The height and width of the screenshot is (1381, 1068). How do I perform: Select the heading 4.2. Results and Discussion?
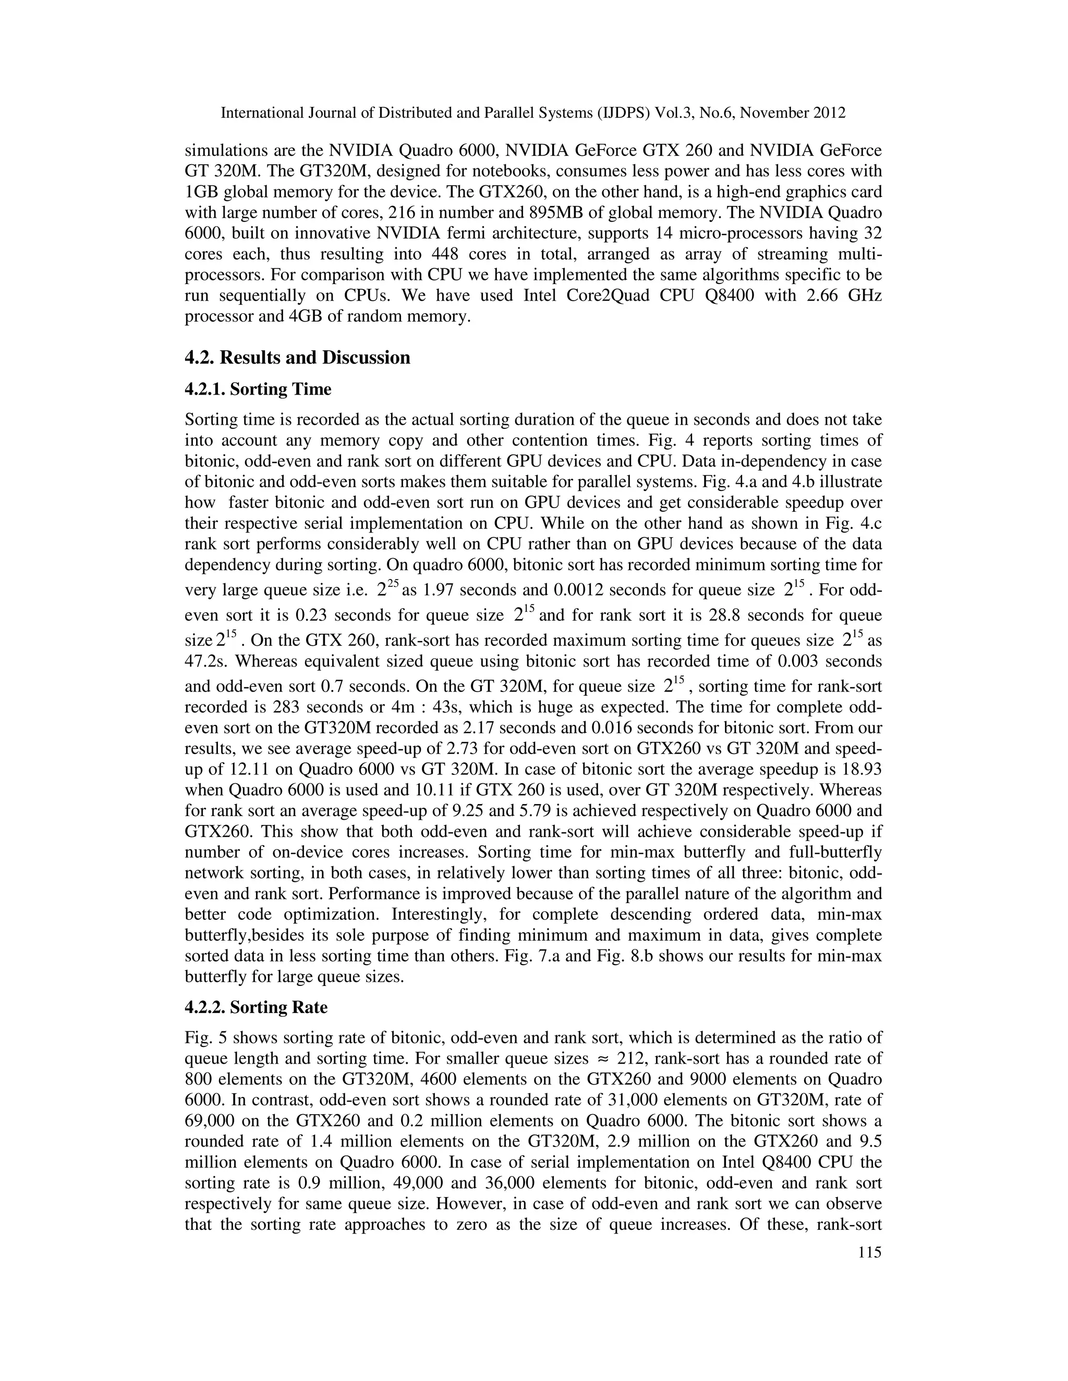(297, 358)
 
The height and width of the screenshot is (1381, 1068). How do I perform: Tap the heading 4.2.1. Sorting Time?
(258, 389)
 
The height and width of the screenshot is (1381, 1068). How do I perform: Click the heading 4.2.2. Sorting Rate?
(256, 1007)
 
